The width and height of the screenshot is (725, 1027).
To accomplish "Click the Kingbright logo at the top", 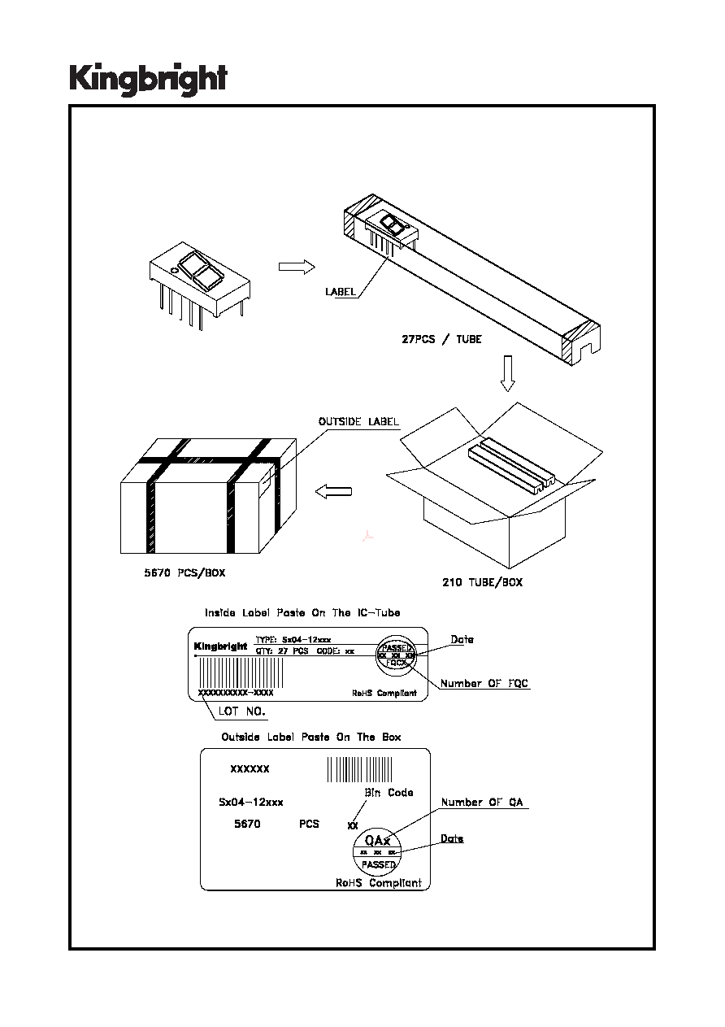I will pos(147,81).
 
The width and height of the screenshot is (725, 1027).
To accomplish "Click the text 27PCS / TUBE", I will pos(441,339).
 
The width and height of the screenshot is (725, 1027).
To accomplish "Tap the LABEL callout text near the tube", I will pos(341,291).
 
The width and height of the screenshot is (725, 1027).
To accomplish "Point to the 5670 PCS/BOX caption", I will pos(180,572).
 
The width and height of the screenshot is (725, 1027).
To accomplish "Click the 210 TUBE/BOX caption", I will pos(482,582).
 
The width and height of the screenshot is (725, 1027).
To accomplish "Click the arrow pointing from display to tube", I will pos(296,268).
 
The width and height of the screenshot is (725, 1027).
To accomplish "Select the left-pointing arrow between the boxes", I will pos(333,491).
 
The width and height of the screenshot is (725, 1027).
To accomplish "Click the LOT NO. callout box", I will pos(241,711).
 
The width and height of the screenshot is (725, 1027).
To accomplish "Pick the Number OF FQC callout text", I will pos(484,683).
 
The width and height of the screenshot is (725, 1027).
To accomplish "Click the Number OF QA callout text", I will pos(483,803).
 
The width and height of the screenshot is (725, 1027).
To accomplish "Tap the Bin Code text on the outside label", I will pos(389,792).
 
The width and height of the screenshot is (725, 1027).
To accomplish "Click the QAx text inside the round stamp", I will pos(378,840).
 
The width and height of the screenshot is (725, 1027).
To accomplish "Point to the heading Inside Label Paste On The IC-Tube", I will pos(302,612).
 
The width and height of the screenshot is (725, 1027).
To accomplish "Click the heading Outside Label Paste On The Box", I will pos(311,737).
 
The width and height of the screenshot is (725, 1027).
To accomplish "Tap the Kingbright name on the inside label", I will pos(220,647).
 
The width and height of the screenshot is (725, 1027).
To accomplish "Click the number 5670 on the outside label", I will pos(247,824).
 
